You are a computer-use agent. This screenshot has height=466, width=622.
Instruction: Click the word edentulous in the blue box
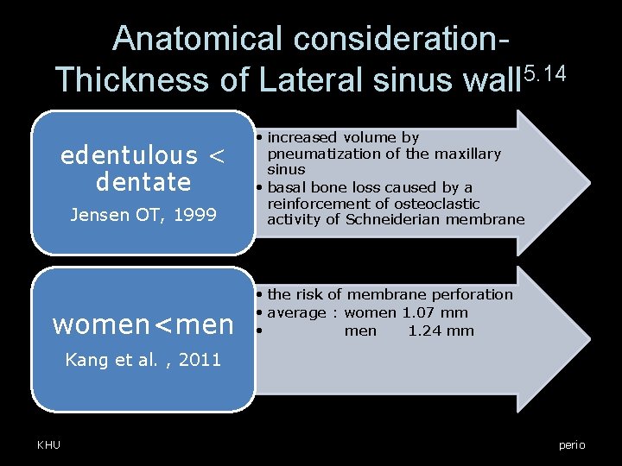[129, 156]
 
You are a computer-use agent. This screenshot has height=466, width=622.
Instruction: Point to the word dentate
[143, 182]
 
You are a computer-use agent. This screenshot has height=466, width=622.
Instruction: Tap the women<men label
[143, 324]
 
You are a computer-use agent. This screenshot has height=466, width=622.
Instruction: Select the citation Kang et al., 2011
[143, 360]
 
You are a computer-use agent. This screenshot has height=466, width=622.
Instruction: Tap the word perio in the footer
[571, 444]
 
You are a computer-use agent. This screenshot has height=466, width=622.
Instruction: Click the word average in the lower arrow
[297, 313]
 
